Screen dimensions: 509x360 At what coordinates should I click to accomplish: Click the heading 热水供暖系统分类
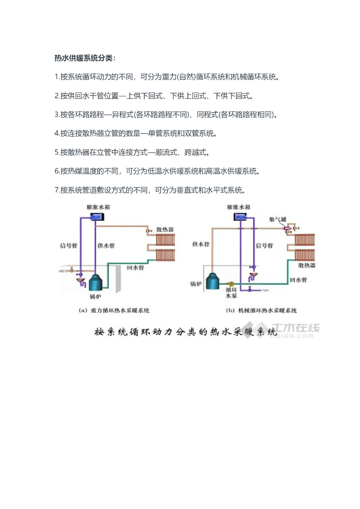(x=85, y=59)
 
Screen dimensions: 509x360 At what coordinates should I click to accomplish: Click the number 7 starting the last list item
(x=56, y=190)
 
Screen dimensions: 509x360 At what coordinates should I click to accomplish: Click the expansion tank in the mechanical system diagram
(x=242, y=217)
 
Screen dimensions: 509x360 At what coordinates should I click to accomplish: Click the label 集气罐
(x=276, y=219)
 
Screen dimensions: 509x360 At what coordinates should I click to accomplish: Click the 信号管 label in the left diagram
(x=68, y=245)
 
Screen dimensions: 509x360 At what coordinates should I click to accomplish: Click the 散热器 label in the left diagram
(x=165, y=230)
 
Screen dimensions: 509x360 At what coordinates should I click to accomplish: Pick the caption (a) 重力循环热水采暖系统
(x=114, y=311)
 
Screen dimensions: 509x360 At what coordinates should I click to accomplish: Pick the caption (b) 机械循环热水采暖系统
(x=262, y=311)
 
